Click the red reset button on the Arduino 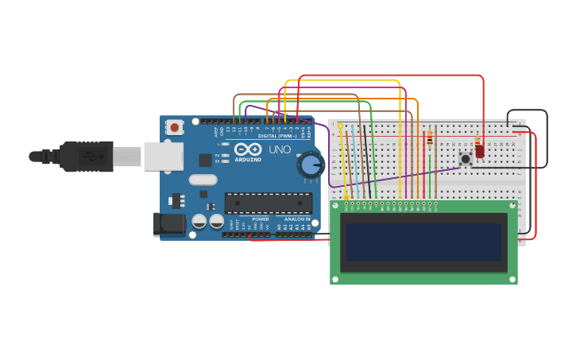(x=174, y=126)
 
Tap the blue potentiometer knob (x=310, y=165)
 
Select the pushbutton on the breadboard (x=466, y=159)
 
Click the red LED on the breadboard (x=479, y=150)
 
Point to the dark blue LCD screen (x=423, y=242)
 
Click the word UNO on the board (x=280, y=149)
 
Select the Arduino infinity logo (x=248, y=149)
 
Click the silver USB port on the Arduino (x=163, y=157)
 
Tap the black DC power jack (x=169, y=223)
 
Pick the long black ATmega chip (x=268, y=203)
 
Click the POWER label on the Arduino (x=261, y=219)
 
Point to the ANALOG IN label (x=297, y=219)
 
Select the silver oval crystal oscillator (x=203, y=180)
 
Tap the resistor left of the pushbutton (x=430, y=140)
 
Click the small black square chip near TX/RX (x=205, y=160)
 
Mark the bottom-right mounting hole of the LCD (x=512, y=279)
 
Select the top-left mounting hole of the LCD (x=335, y=206)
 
